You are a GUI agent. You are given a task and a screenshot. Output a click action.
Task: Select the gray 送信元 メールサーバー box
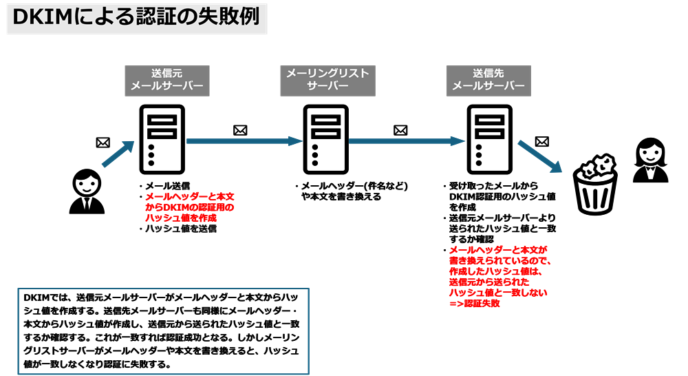pyautogui.click(x=167, y=81)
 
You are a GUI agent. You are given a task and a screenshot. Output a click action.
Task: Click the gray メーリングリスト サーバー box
pyautogui.click(x=327, y=81)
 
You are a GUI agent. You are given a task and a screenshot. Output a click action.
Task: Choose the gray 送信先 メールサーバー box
pyautogui.click(x=488, y=81)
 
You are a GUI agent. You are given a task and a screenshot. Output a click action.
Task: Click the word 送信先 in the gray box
pyautogui.click(x=488, y=74)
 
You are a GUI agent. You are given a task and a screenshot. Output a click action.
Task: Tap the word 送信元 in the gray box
pyautogui.click(x=167, y=74)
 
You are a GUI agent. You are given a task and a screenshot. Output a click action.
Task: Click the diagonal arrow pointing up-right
pyautogui.click(x=118, y=154)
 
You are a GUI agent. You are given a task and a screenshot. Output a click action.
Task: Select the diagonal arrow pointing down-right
pyautogui.click(x=539, y=156)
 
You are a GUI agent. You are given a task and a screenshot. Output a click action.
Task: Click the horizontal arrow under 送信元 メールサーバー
pyautogui.click(x=244, y=141)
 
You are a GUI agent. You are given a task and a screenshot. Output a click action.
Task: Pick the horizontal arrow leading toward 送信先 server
pyautogui.click(x=407, y=141)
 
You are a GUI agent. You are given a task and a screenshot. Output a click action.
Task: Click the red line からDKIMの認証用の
pyautogui.click(x=190, y=207)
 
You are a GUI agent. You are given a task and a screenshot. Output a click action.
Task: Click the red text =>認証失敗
pyautogui.click(x=475, y=303)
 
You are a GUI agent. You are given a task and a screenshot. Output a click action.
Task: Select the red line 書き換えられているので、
pyautogui.click(x=500, y=261)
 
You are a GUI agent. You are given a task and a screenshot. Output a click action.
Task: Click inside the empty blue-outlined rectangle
pyautogui.click(x=163, y=331)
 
